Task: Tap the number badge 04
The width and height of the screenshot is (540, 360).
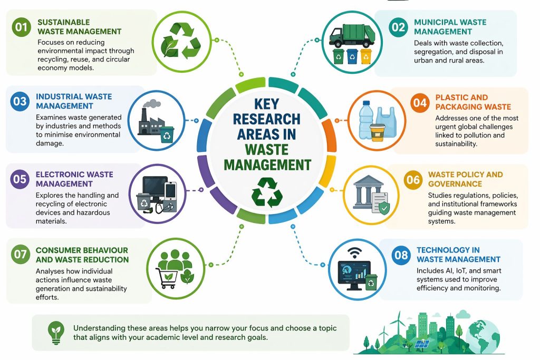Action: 420,103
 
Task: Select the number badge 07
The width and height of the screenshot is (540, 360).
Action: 21,255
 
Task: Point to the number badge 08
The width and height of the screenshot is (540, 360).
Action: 401,255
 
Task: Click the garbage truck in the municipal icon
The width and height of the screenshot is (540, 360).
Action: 350,33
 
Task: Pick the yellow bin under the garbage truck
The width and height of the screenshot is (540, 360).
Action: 365,56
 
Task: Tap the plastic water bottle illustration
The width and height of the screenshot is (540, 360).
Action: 367,121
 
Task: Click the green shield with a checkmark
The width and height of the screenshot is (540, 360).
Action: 384,209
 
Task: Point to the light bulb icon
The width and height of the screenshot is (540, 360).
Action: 54,331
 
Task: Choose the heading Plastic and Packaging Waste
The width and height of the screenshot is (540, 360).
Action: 466,102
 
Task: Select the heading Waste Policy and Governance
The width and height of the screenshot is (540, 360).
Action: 465,179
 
